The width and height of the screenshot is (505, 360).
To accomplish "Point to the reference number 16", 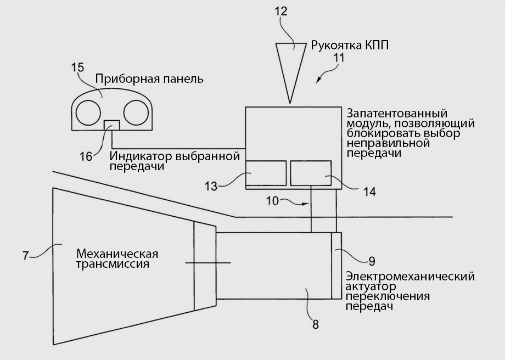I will (86, 156).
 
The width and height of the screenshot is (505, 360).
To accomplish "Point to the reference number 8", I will (315, 323).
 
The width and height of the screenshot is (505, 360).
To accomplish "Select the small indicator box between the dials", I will (112, 125).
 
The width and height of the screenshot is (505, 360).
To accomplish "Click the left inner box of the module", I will (266, 173).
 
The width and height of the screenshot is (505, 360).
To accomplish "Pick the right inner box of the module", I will (311, 173).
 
